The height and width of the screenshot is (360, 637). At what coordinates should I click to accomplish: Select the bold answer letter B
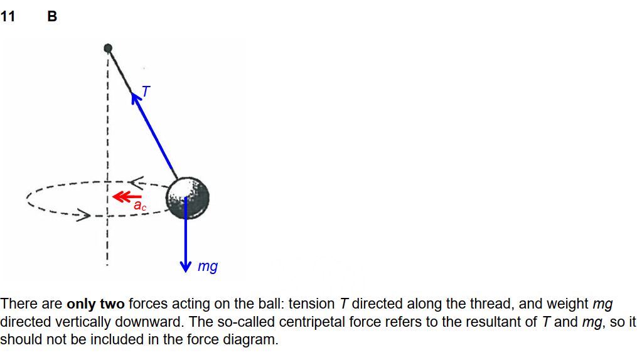[x=52, y=17]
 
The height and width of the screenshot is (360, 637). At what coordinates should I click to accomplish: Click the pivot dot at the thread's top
[x=108, y=48]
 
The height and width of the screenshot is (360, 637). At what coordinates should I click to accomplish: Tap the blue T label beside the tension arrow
[x=146, y=92]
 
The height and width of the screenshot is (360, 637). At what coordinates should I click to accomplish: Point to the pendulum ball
[x=187, y=197]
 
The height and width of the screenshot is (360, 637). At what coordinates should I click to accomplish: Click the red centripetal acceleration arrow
[x=123, y=197]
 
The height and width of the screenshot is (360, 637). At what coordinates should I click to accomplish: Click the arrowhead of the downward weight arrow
[x=186, y=266]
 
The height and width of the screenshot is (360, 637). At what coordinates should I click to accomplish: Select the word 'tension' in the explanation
[x=311, y=304]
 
